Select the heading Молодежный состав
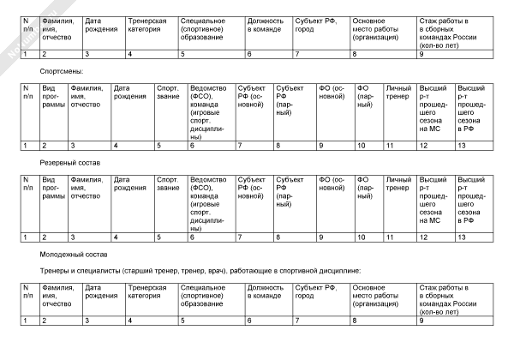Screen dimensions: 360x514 pos(70,254)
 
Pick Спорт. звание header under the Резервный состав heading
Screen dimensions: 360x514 pos(168,183)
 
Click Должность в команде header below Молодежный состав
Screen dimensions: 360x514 pos(265,296)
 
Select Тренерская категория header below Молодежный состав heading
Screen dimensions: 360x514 pos(146,296)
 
